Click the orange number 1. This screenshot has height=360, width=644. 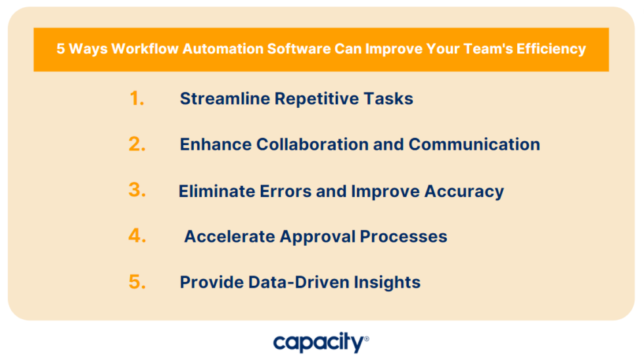pos(136,99)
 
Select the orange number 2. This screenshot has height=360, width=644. pos(137,145)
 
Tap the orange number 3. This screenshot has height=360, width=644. pos(137,191)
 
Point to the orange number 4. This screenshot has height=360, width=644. pos(137,236)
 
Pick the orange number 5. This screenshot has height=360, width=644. pos(137,282)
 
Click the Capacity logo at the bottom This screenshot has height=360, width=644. pos(321,342)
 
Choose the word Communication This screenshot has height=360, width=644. pos(474,145)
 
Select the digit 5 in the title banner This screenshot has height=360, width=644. pos(60,49)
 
